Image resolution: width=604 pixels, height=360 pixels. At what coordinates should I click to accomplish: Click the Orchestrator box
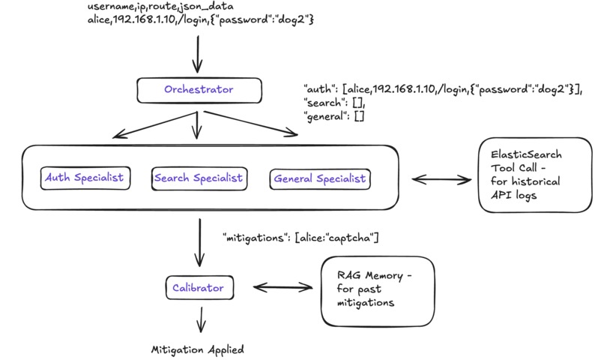199,90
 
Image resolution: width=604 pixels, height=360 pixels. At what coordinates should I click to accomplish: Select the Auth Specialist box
84,178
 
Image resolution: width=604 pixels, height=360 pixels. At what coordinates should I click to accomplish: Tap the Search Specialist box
198,178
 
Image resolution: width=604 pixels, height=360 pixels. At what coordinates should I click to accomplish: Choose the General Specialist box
319,178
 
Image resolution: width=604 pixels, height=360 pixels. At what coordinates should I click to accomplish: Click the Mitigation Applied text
197,349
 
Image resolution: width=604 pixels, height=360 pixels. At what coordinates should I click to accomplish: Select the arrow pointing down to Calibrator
199,241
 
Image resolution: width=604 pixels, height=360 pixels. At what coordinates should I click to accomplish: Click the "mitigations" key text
257,238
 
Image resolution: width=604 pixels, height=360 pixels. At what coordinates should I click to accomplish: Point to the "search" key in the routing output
323,103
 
